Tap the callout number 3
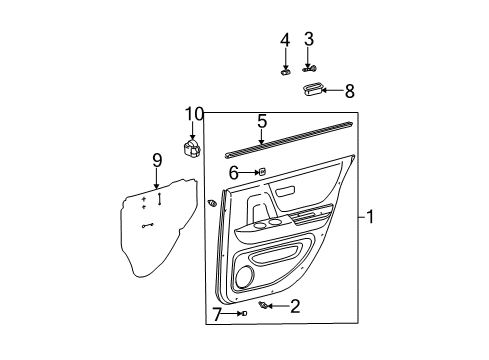point(309,40)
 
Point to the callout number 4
point(285,40)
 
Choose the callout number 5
point(261,122)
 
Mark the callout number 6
point(234,172)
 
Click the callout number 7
point(217,314)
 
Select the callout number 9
point(156,160)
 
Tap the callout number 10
point(193,113)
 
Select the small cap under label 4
point(286,70)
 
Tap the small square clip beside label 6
point(260,172)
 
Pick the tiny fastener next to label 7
point(243,314)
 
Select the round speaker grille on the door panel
point(246,275)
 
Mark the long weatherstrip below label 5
point(290,139)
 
